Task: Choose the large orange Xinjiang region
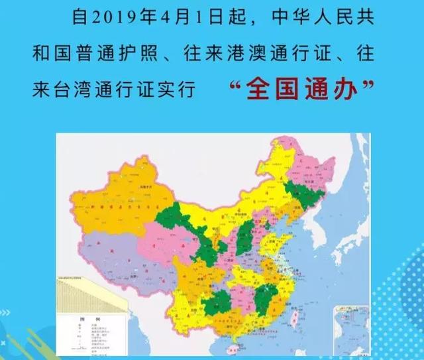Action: pyautogui.click(x=126, y=196)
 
